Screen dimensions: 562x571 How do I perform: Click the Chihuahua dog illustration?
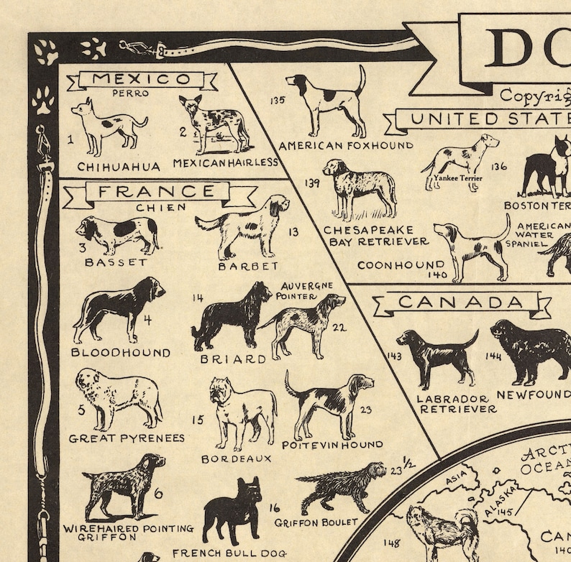(108, 127)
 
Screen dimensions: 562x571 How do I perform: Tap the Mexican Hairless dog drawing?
(214, 125)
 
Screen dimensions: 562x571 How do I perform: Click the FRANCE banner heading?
(156, 192)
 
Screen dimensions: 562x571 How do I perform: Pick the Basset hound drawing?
(117, 234)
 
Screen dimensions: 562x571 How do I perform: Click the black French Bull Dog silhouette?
(232, 511)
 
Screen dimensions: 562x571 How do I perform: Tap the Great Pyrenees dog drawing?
(118, 399)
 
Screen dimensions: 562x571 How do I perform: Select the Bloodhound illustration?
(118, 308)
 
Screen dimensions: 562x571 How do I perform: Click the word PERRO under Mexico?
(130, 93)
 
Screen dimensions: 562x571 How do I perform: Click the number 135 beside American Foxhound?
(278, 101)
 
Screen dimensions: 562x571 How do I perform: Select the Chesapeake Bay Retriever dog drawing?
(360, 188)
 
